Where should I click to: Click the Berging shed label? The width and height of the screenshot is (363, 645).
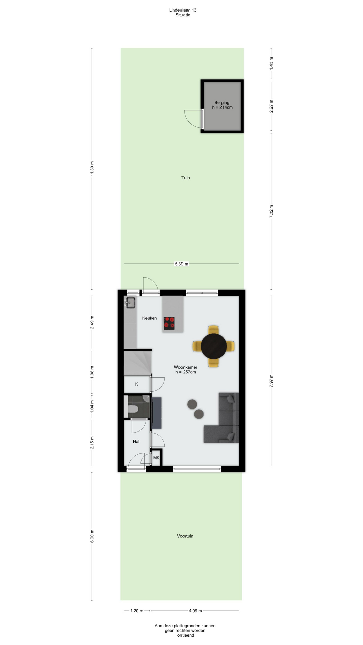tap(222, 103)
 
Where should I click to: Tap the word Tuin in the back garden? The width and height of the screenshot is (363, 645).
tap(186, 178)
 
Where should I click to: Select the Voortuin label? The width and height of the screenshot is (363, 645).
tap(185, 536)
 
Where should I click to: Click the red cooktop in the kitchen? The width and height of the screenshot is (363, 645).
tap(169, 323)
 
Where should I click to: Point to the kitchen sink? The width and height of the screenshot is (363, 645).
tap(130, 302)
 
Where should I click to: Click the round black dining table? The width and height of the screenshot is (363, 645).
tap(214, 346)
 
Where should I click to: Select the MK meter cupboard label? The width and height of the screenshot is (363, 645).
tap(156, 458)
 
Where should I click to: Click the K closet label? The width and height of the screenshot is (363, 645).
tap(137, 384)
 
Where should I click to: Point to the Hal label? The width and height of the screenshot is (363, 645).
tap(136, 441)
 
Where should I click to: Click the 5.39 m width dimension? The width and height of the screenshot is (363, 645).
tap(182, 264)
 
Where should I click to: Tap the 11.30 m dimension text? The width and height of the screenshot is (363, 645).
tap(92, 168)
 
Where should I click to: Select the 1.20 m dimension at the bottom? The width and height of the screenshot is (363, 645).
tap(137, 611)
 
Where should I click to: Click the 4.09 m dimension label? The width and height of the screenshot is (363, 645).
tap(195, 611)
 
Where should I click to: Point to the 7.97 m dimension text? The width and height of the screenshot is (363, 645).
tap(271, 381)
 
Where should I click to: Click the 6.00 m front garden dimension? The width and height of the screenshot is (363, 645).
tap(92, 536)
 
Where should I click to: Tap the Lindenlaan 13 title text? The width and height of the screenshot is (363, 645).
tap(183, 10)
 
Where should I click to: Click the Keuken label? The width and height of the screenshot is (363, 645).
tap(149, 318)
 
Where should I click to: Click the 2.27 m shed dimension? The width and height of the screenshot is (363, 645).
tap(271, 106)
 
